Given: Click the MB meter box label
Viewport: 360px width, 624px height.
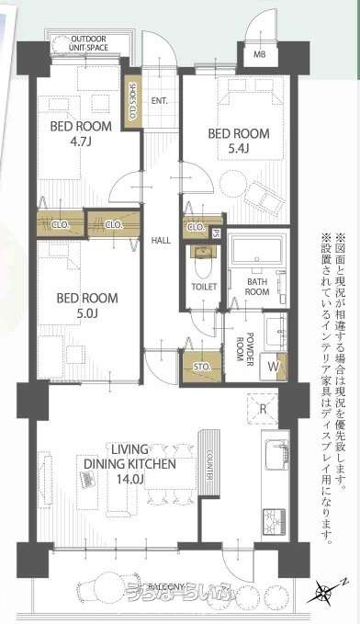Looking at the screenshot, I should (x=260, y=54).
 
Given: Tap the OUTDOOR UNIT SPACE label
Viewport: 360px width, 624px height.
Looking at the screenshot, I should (x=88, y=44).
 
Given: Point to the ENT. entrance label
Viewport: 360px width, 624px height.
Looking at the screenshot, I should (x=158, y=100).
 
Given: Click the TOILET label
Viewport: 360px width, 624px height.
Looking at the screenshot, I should (x=204, y=287).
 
